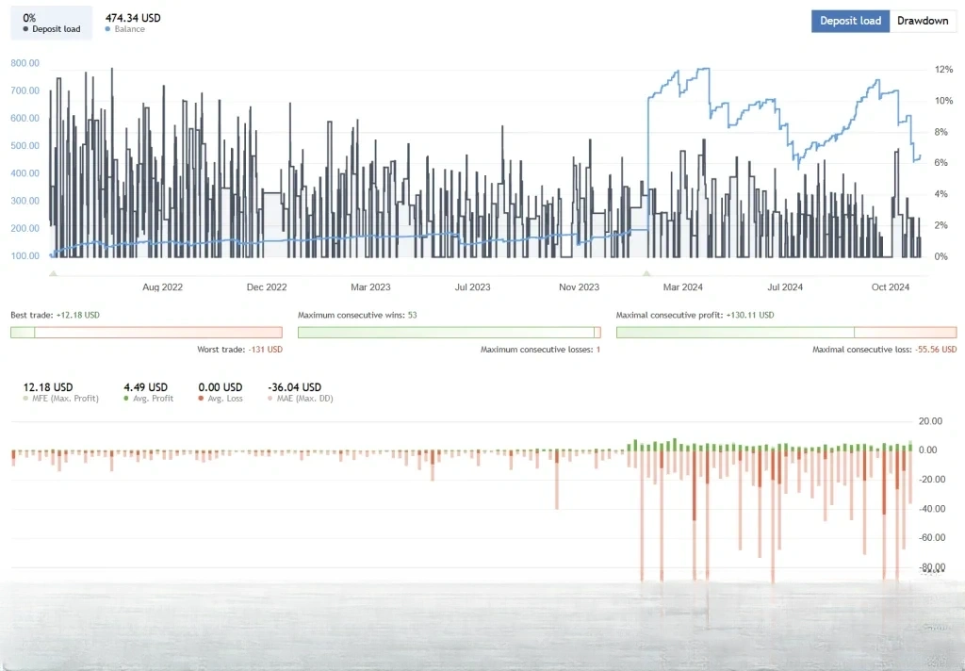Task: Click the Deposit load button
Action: [x=850, y=21]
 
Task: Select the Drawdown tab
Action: [x=923, y=21]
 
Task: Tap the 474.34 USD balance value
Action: [x=132, y=17]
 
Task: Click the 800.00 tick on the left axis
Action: [x=25, y=63]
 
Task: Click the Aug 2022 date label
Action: [x=162, y=287]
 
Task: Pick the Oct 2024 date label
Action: [x=890, y=287]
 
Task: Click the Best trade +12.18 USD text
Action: [x=55, y=315]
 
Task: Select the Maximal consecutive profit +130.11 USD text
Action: [x=695, y=315]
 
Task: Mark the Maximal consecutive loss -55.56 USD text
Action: [x=884, y=350]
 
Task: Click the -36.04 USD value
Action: [x=294, y=387]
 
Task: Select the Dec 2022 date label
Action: [x=267, y=287]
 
